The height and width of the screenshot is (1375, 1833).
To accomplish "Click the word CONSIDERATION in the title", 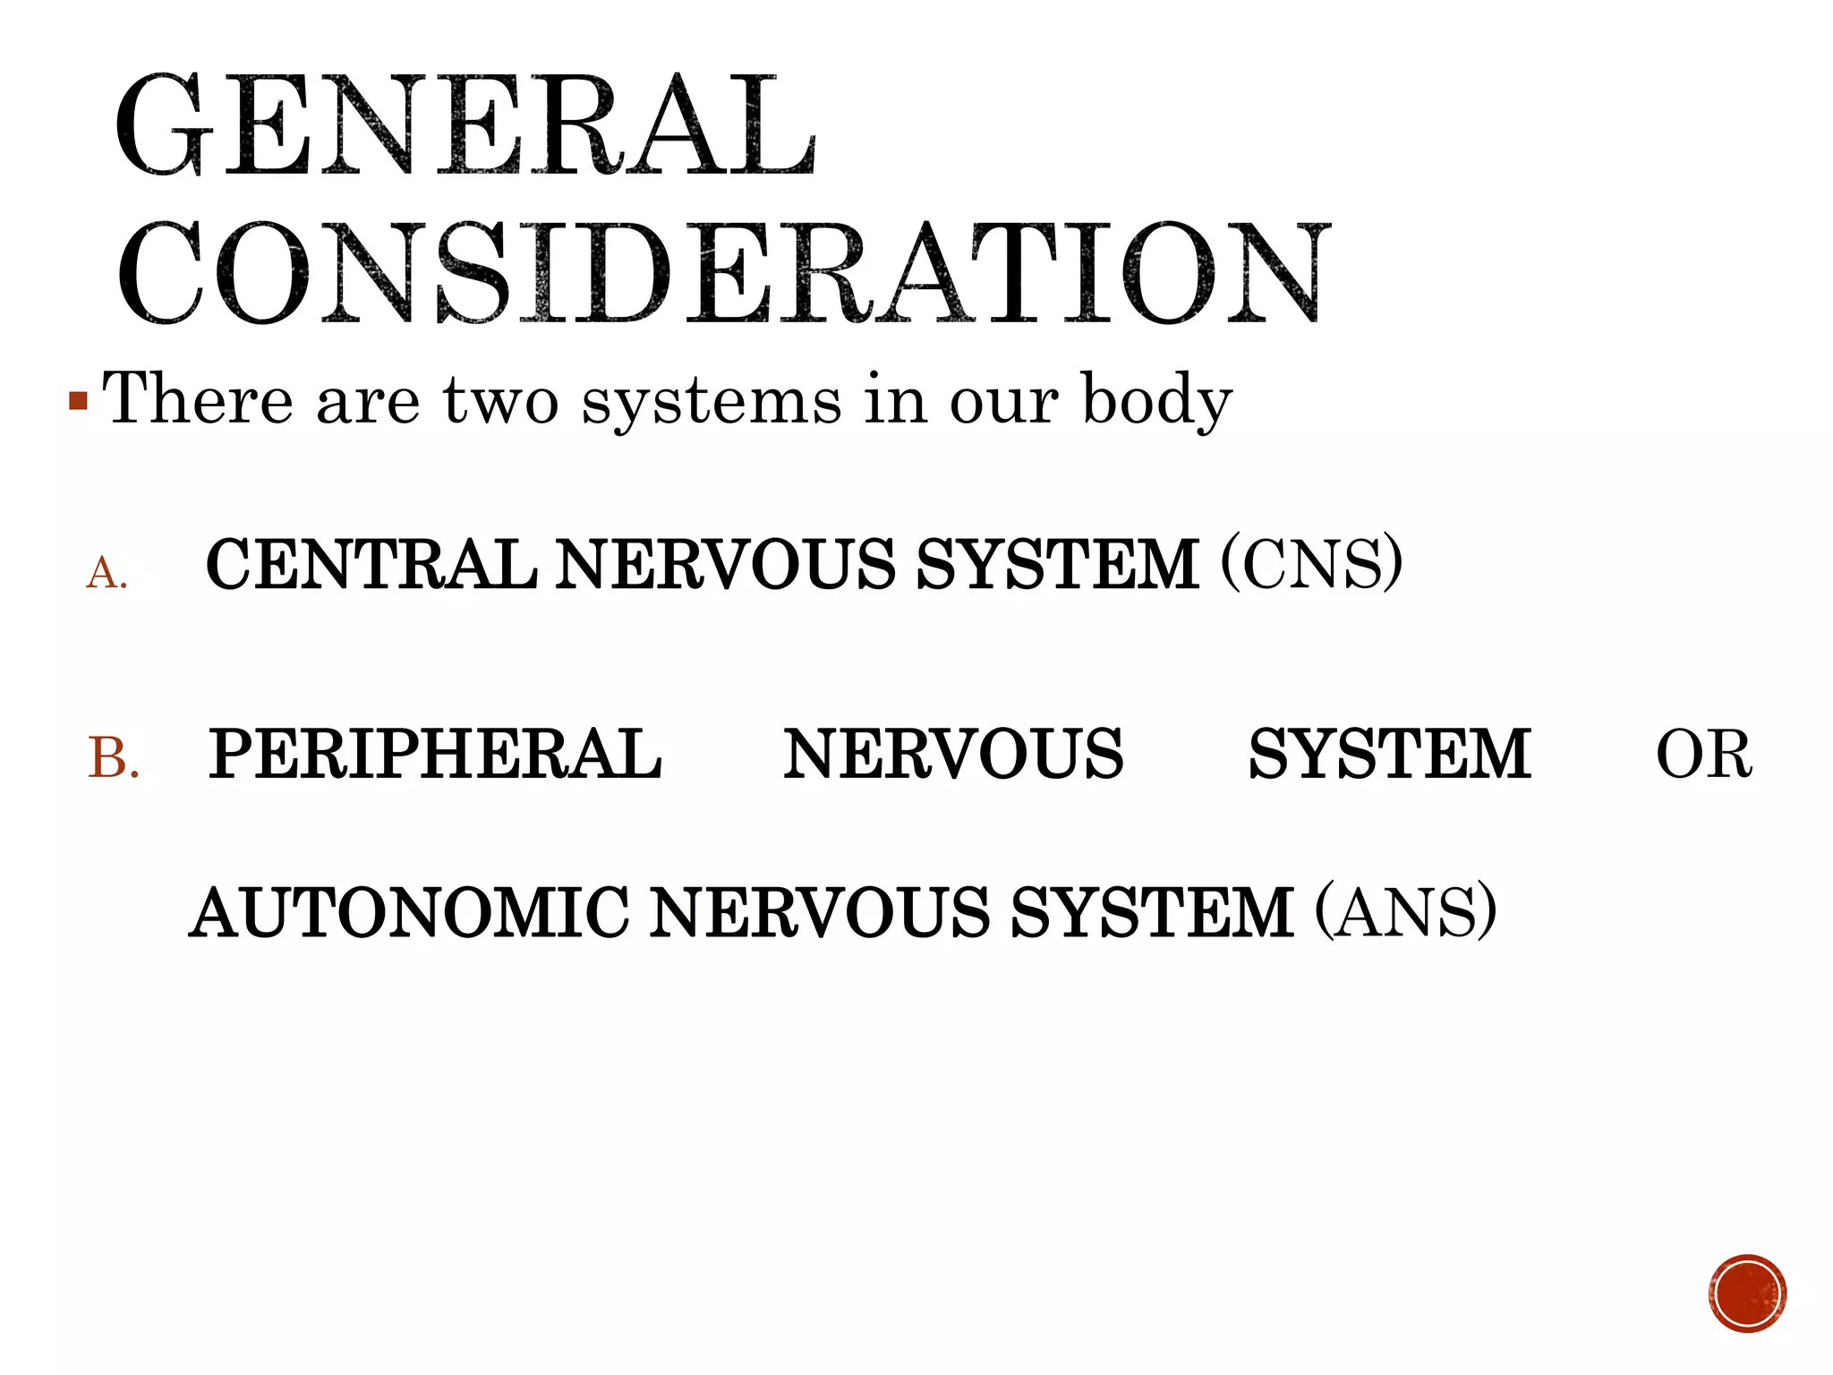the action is [x=723, y=273].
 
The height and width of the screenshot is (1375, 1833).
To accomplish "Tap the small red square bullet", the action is [x=79, y=400].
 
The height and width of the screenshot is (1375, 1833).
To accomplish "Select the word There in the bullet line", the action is [x=198, y=398].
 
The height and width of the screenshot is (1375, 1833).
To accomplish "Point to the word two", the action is [x=501, y=400].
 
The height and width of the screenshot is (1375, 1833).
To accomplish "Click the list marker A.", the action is [x=107, y=573].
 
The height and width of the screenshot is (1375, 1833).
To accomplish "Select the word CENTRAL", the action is [x=371, y=564].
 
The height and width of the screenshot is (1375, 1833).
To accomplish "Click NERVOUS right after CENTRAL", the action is [x=725, y=564].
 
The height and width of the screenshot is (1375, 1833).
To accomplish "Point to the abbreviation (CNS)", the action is [x=1311, y=564].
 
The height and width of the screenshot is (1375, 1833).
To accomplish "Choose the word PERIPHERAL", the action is [x=435, y=754].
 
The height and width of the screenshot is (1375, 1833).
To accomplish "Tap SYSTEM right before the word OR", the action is [x=1389, y=754].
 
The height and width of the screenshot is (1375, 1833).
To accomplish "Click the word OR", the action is [x=1703, y=755].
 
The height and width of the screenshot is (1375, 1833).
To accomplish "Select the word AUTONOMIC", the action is [x=410, y=913].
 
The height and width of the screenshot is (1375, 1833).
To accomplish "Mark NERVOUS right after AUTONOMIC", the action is [x=819, y=913].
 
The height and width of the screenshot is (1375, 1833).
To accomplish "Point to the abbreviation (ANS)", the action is [x=1405, y=913].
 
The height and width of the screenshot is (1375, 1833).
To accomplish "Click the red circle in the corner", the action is [x=1747, y=1294].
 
